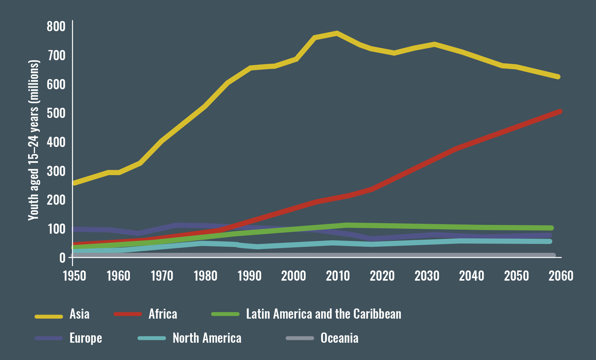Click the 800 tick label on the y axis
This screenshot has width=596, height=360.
coord(56,27)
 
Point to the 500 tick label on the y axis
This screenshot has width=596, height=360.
coord(56,113)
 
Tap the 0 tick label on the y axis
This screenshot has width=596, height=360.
coord(62,258)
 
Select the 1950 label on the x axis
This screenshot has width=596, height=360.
coord(74,276)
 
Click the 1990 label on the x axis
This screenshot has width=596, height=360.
coord(250,276)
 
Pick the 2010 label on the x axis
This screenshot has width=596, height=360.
coord(338,276)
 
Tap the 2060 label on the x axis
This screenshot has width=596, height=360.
coord(561,276)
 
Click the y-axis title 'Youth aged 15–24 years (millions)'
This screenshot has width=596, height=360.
coord(34,140)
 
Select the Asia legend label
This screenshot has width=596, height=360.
coord(79,314)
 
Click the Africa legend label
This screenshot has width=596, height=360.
coord(163,314)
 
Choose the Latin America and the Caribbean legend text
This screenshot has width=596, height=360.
coord(324,314)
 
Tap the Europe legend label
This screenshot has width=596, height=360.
coord(86,338)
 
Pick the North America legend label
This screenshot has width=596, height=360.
coord(207,338)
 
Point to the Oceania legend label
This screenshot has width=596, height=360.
coord(339,338)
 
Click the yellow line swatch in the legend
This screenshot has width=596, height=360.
coord(49,316)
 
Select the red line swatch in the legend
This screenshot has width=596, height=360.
coord(128,314)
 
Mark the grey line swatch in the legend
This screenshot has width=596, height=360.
coord(300,338)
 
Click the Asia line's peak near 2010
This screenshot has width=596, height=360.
coord(337,33)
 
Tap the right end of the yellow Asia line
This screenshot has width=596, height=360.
coord(558,77)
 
